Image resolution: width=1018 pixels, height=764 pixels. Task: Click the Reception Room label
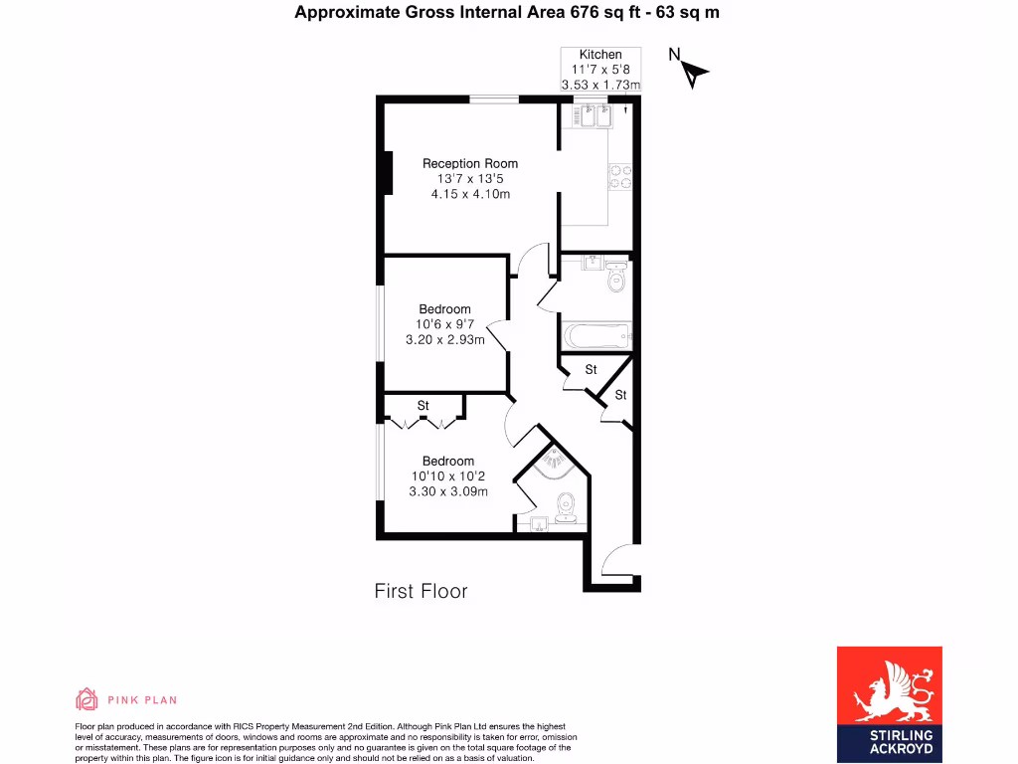pyautogui.click(x=469, y=163)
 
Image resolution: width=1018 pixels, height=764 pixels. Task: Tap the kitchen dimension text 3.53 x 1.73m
pyautogui.click(x=600, y=86)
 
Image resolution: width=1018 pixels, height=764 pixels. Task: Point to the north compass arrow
pyautogui.click(x=694, y=72)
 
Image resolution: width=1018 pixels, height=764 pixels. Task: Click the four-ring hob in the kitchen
pyautogui.click(x=619, y=176)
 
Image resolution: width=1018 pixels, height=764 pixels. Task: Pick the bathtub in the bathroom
pyautogui.click(x=596, y=336)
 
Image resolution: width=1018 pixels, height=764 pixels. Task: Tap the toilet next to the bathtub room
pyautogui.click(x=616, y=278)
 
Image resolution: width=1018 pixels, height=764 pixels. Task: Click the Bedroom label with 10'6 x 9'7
pyautogui.click(x=444, y=309)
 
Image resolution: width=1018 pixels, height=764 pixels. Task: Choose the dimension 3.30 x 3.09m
pyautogui.click(x=449, y=491)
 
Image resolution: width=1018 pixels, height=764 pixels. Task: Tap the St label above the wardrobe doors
pyautogui.click(x=423, y=405)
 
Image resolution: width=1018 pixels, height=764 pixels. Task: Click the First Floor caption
pyautogui.click(x=421, y=591)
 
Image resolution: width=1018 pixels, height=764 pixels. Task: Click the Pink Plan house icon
pyautogui.click(x=87, y=699)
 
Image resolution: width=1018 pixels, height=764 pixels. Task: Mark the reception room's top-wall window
pyautogui.click(x=494, y=98)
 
